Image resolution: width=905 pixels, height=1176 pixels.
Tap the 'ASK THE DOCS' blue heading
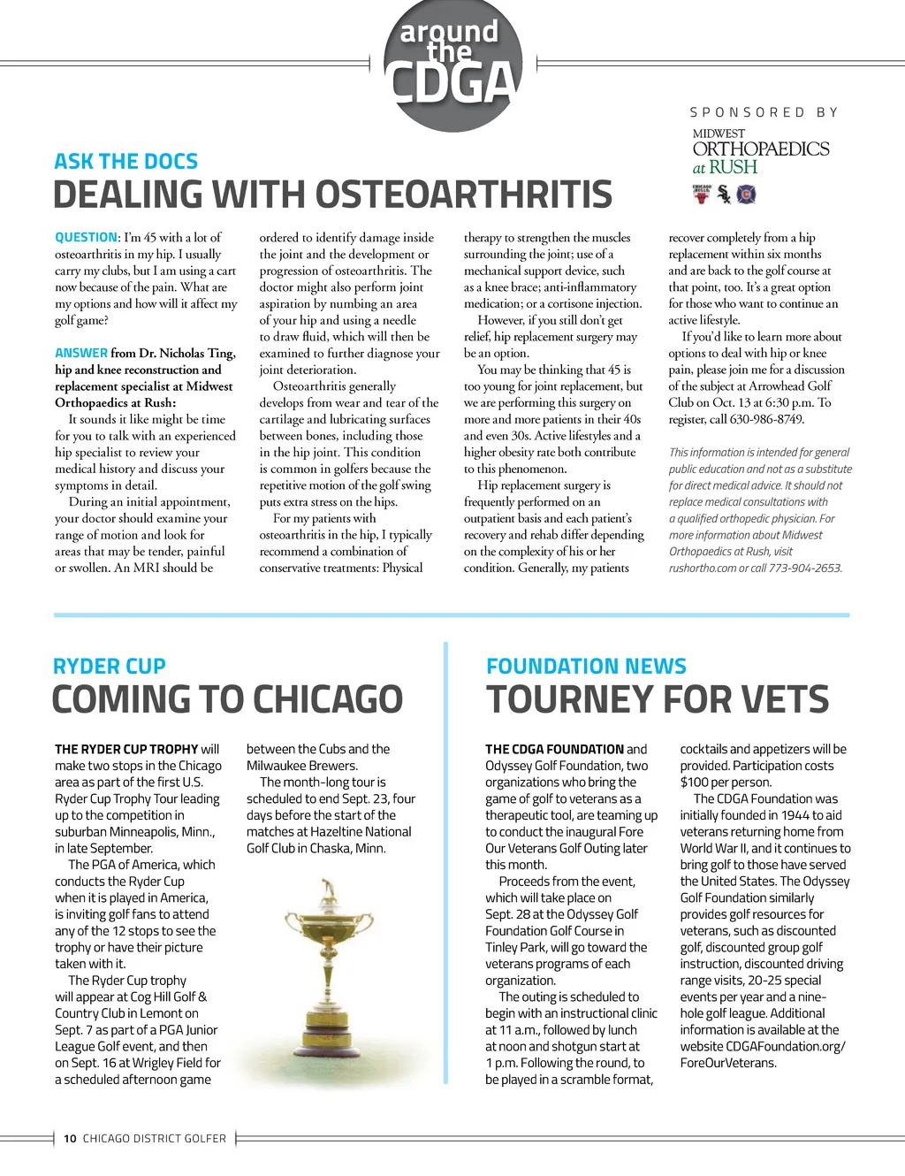pyautogui.click(x=125, y=162)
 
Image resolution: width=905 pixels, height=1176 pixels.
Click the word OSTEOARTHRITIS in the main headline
pyautogui.click(x=463, y=195)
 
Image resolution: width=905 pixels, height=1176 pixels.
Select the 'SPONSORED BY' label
pyautogui.click(x=764, y=112)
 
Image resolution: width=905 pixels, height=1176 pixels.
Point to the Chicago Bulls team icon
pyautogui.click(x=702, y=195)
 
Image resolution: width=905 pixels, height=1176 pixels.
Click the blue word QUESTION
pyautogui.click(x=86, y=237)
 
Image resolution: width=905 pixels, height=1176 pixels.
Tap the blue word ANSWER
pyautogui.click(x=81, y=353)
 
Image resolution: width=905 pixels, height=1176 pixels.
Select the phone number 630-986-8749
pyautogui.click(x=765, y=419)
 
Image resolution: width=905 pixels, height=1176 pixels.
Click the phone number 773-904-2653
pyautogui.click(x=805, y=568)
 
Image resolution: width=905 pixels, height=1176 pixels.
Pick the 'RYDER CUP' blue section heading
pyautogui.click(x=110, y=667)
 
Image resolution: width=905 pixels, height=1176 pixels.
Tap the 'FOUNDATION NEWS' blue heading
pyautogui.click(x=586, y=667)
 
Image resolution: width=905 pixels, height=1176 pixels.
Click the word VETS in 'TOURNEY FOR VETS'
pyautogui.click(x=785, y=700)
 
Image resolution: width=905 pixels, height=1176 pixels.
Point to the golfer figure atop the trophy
pyautogui.click(x=330, y=890)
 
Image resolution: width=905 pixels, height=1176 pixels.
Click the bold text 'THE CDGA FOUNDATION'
pyautogui.click(x=554, y=749)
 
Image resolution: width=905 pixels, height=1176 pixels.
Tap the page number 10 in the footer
pyautogui.click(x=70, y=1139)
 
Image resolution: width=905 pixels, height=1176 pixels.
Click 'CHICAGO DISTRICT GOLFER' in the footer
pyautogui.click(x=155, y=1139)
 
